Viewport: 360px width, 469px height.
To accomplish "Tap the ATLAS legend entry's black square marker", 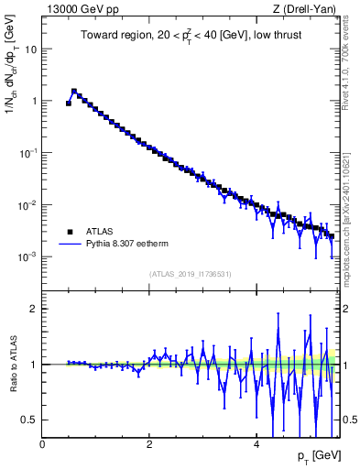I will click(68, 232).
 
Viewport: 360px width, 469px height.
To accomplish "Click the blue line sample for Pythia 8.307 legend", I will click(68, 245).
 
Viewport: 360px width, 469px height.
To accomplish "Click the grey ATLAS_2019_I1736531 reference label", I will click(190, 274).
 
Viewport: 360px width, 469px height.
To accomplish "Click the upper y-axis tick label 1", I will click(35, 101).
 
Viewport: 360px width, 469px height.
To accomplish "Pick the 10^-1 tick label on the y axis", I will click(29, 152).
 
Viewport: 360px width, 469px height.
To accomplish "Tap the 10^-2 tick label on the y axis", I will click(29, 204).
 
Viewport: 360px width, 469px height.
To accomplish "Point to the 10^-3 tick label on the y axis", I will click(29, 256).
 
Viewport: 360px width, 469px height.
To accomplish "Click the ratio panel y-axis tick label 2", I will click(35, 309).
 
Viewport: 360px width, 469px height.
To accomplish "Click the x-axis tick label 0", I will click(42, 444).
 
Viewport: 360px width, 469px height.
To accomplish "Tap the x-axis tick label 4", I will click(256, 444).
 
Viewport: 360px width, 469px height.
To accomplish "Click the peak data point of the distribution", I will click(74, 91).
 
